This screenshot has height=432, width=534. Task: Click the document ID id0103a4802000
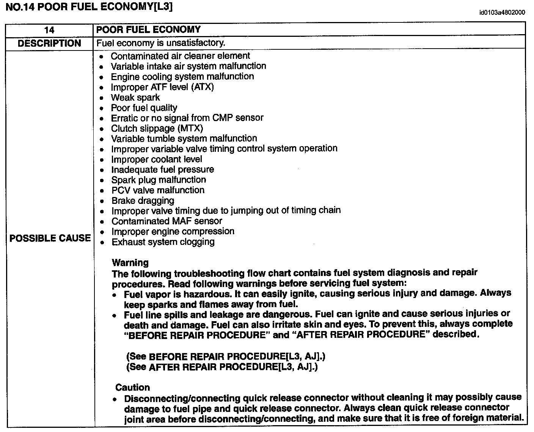point(502,13)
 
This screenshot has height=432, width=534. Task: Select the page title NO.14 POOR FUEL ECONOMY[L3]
point(89,7)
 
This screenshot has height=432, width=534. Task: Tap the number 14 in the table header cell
point(49,30)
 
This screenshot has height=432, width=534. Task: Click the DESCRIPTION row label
point(49,43)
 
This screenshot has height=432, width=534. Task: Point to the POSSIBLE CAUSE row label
point(50,238)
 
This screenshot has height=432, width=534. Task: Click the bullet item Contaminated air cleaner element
point(180,56)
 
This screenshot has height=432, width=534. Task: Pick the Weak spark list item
point(135,98)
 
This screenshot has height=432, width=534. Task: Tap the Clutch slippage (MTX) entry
point(157,128)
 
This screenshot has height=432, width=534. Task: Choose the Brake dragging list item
point(143,200)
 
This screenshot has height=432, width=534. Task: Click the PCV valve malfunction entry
point(158,190)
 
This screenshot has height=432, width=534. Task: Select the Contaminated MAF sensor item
point(166,221)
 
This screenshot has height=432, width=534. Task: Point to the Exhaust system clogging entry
point(163,242)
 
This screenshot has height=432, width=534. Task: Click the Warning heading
point(130,263)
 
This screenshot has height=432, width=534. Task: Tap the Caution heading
point(133,388)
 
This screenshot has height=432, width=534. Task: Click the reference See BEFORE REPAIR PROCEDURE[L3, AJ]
point(226,357)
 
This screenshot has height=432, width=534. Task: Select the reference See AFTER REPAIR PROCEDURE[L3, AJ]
point(222,367)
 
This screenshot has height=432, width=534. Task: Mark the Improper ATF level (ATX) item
point(162,87)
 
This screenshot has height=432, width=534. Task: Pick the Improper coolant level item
point(156,159)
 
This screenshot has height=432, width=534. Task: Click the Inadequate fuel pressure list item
point(162,170)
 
